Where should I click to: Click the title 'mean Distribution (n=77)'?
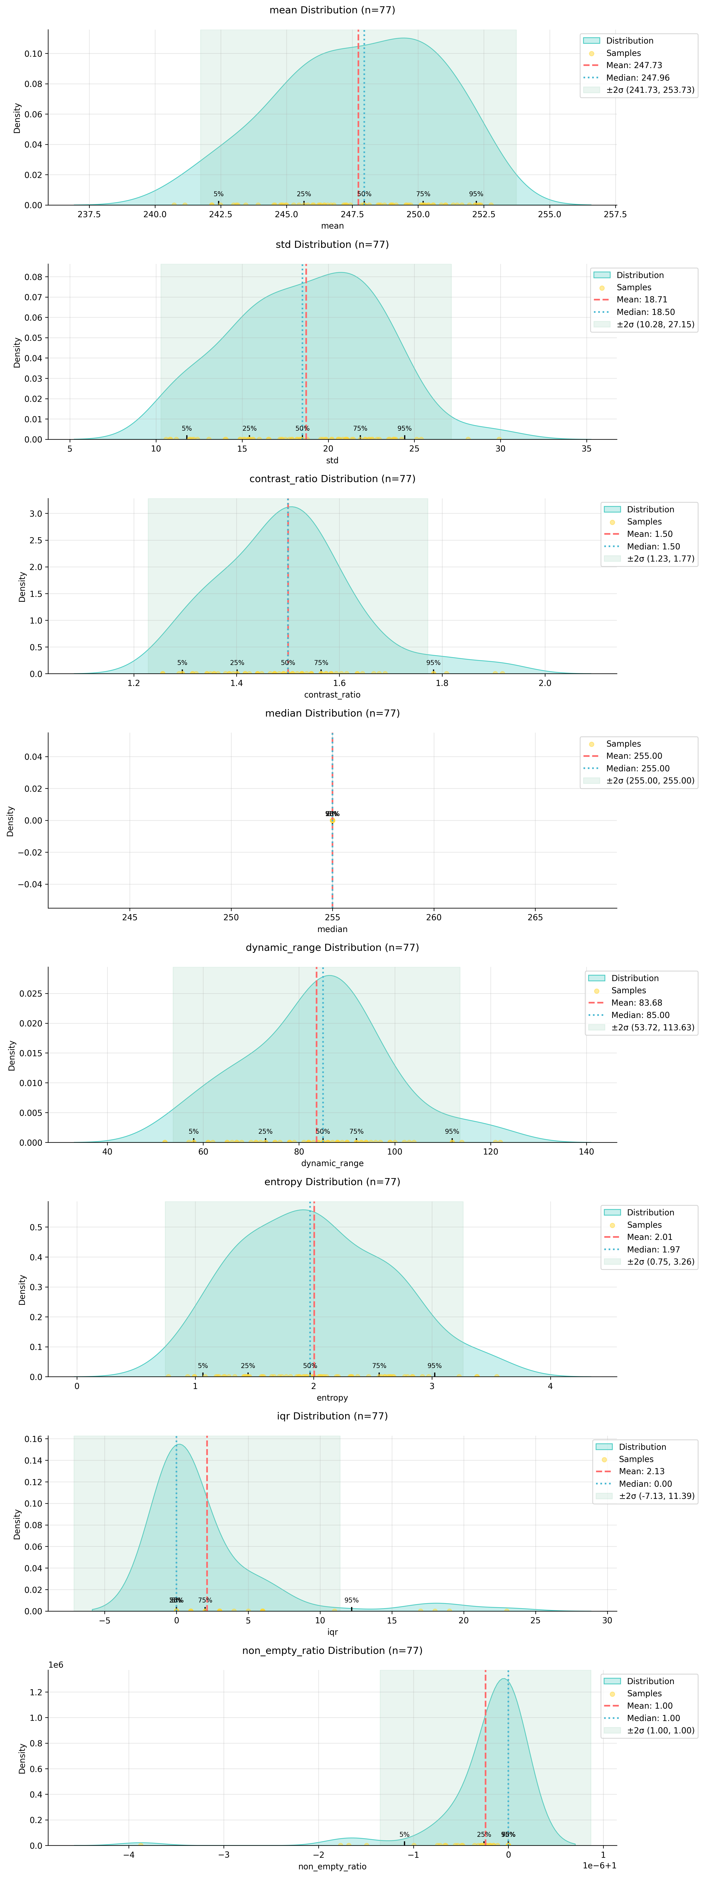pos(332,10)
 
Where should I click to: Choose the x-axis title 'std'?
pos(332,461)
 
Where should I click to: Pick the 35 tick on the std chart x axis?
pos(587,449)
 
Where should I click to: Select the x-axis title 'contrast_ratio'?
pos(332,694)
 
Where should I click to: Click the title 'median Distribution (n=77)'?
pos(332,713)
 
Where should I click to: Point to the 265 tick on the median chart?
pos(535,917)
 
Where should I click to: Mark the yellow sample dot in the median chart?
pos(332,820)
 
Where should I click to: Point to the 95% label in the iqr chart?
pos(351,1600)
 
